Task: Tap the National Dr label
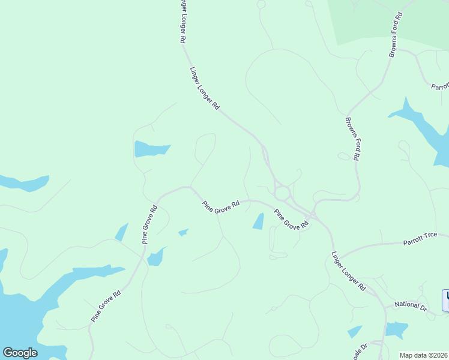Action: pyautogui.click(x=410, y=305)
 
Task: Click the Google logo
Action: pyautogui.click(x=20, y=353)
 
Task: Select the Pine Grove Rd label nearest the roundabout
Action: pyautogui.click(x=291, y=219)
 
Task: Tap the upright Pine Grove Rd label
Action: pyautogui.click(x=149, y=225)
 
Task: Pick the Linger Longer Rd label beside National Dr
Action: pyautogui.click(x=349, y=271)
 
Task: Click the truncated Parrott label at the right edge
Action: pyautogui.click(x=440, y=86)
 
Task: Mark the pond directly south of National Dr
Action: pyautogui.click(x=397, y=329)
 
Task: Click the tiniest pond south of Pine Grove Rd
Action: pyautogui.click(x=184, y=232)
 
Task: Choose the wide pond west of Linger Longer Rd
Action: pyautogui.click(x=151, y=148)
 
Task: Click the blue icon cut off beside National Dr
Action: pyautogui.click(x=445, y=301)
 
